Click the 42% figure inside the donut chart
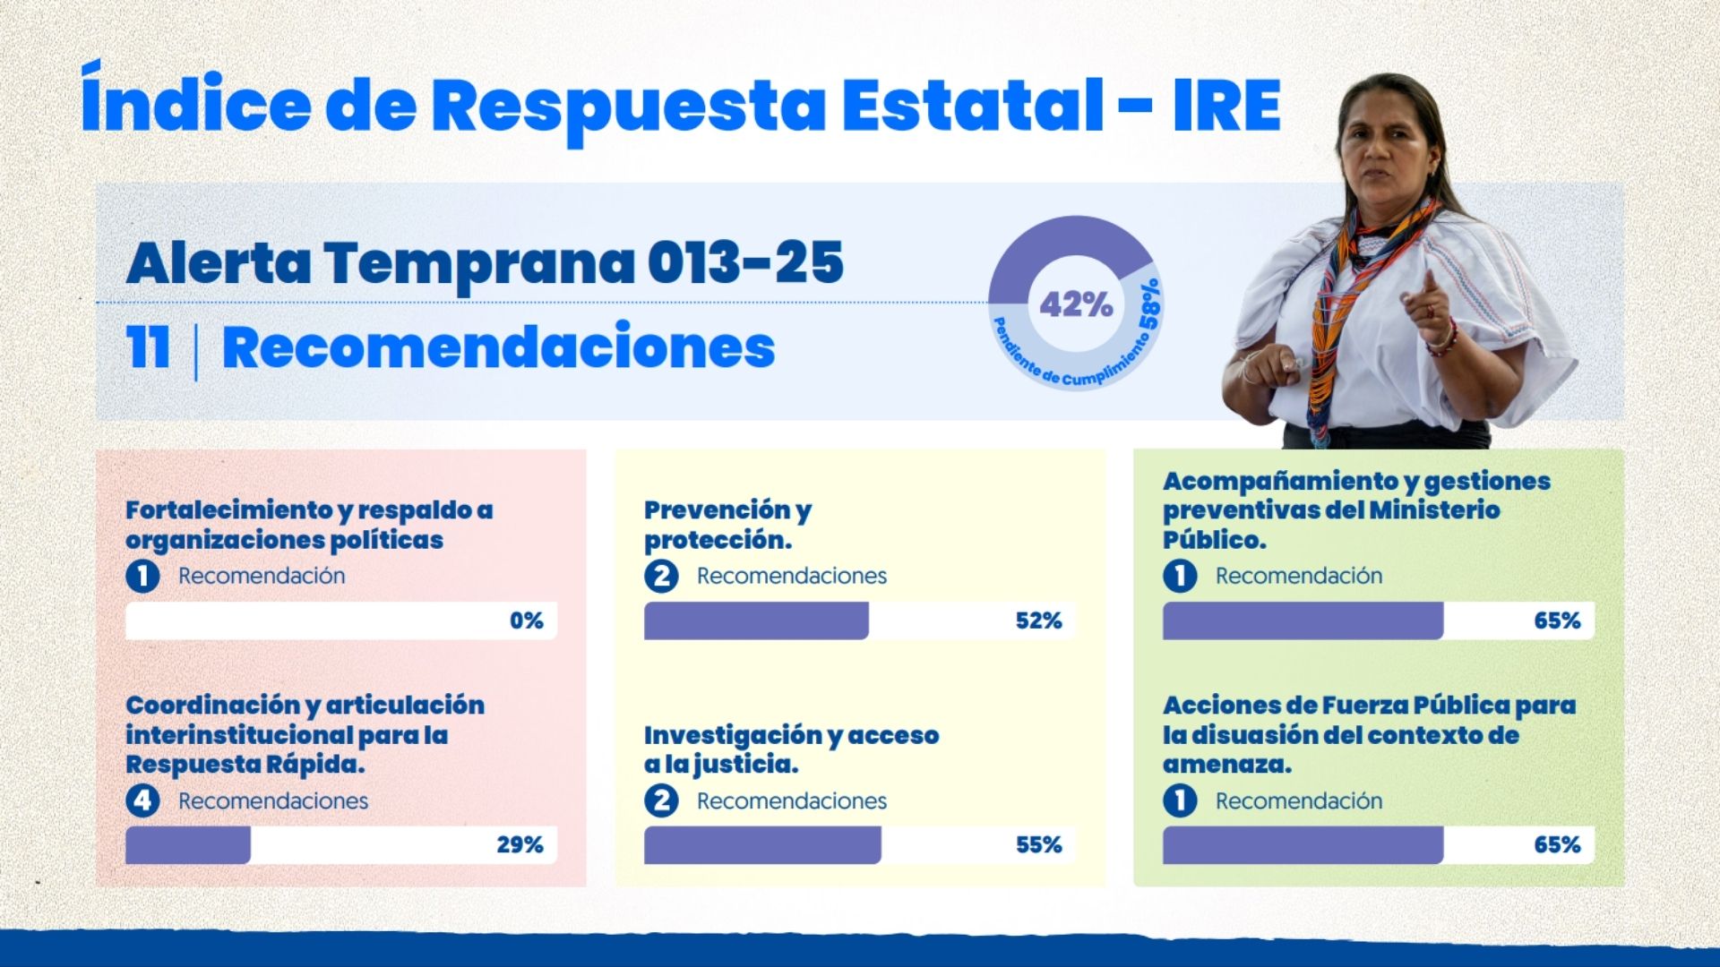point(1075,304)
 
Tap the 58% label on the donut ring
point(1149,304)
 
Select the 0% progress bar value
point(526,620)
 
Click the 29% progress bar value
point(520,844)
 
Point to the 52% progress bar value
point(1038,620)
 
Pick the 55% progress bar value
point(1038,844)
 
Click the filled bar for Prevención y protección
point(755,620)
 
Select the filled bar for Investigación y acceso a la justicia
point(761,844)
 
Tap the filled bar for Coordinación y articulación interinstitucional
point(187,844)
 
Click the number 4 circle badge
point(142,800)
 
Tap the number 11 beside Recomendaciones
point(147,347)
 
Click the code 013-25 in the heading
point(744,262)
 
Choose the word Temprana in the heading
point(478,262)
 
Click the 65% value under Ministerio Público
point(1557,620)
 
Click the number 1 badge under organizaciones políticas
point(142,576)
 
